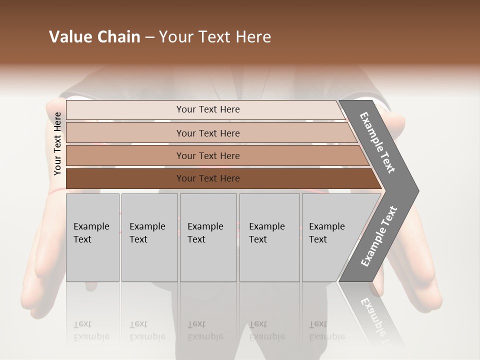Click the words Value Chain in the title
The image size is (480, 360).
[x=94, y=37]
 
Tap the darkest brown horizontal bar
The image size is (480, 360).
[x=125, y=178]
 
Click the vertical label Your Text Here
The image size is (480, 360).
[x=58, y=143]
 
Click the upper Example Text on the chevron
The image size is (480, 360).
[x=377, y=142]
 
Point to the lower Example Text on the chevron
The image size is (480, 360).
[x=378, y=236]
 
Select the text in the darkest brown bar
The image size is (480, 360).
[x=208, y=178]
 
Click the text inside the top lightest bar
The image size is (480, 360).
[x=208, y=109]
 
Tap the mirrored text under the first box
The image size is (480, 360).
[x=91, y=330]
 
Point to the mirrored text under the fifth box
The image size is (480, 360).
[x=326, y=330]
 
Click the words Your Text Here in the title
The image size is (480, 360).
[x=215, y=37]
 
